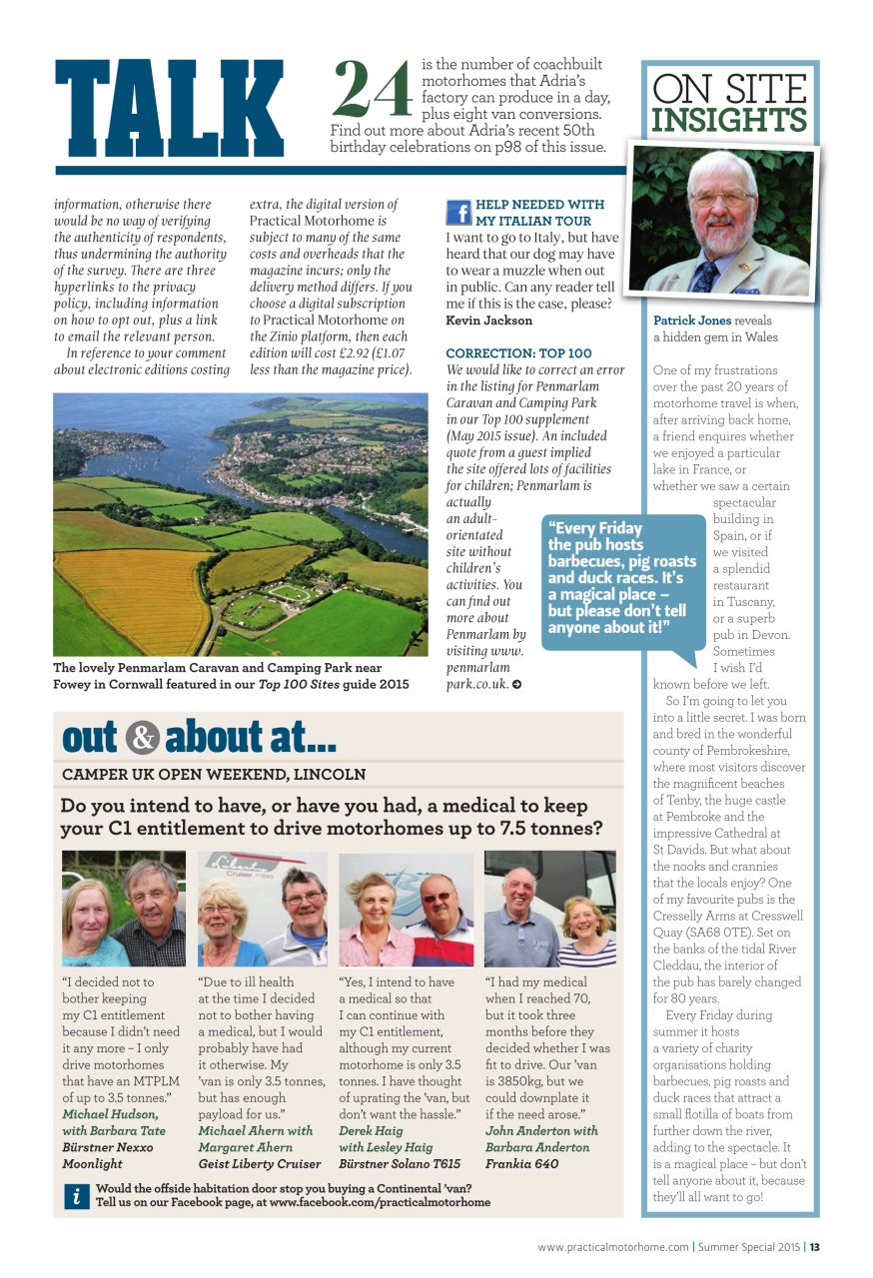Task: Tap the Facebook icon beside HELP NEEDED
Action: coord(458,213)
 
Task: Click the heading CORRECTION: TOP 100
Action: coord(518,353)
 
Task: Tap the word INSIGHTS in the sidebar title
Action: coord(729,121)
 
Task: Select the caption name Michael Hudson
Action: coord(110,1113)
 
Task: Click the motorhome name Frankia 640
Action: coord(521,1163)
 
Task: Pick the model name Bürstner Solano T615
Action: coord(400,1163)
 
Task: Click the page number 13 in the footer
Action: coord(815,1247)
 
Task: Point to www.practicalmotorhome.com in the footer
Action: coord(612,1247)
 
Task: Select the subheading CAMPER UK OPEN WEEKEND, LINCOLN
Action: coord(214,775)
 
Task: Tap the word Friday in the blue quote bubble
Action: coord(614,528)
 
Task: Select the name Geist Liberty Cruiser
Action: coord(260,1163)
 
